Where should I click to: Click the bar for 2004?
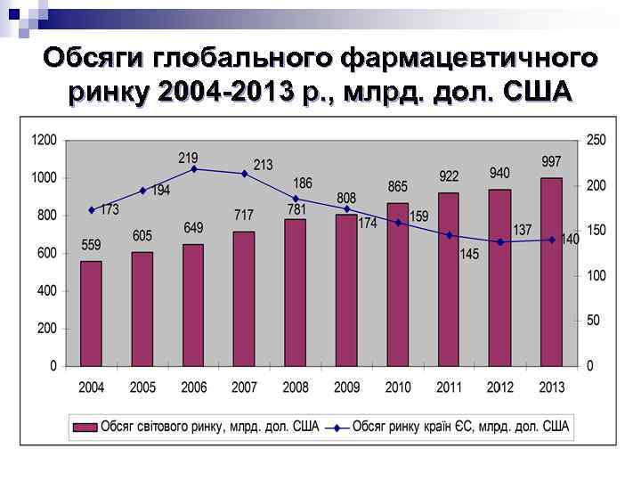(x=91, y=313)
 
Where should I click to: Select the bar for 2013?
(x=552, y=272)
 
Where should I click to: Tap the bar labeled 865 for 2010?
(x=398, y=284)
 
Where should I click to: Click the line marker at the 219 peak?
(x=194, y=168)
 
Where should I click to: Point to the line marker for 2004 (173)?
(x=91, y=210)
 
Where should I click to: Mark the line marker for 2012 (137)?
(x=500, y=241)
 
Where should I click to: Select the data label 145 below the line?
(x=469, y=255)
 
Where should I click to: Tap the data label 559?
(x=91, y=245)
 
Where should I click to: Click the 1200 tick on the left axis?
(x=44, y=140)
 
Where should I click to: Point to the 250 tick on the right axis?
(x=596, y=140)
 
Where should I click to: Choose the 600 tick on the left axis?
(x=46, y=253)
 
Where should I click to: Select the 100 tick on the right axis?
(x=596, y=275)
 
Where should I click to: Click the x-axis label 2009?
(x=346, y=388)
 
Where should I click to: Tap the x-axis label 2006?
(x=193, y=388)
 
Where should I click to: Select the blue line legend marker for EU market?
(x=337, y=427)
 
